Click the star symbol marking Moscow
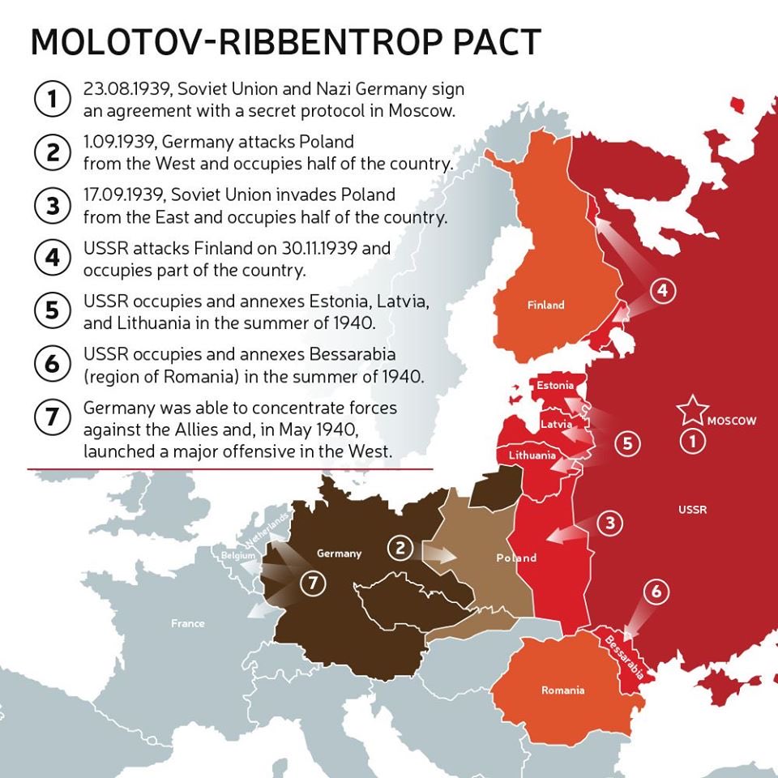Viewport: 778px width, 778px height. click(693, 411)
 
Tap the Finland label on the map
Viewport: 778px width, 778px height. click(545, 306)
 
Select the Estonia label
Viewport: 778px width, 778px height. click(555, 386)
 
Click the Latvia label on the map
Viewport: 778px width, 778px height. click(556, 424)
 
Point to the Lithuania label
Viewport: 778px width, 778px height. click(532, 455)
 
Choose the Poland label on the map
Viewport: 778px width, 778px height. click(516, 558)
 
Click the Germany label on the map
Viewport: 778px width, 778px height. click(339, 554)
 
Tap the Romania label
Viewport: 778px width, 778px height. click(562, 690)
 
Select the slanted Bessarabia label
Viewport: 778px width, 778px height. click(625, 655)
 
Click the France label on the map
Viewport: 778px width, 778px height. click(187, 623)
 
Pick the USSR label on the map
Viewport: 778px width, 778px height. click(692, 510)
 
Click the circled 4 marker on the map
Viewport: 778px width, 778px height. click(663, 290)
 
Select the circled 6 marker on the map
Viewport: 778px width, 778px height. click(656, 592)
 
